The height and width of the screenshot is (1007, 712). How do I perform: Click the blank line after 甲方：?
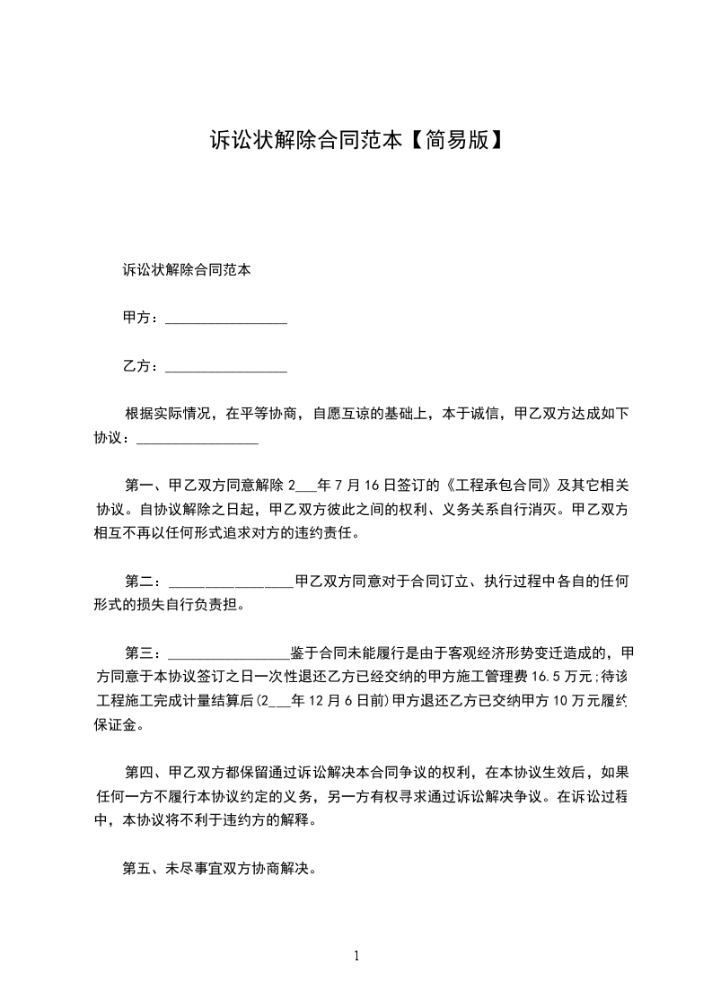tap(226, 319)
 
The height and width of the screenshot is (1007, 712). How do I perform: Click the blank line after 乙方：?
tap(226, 367)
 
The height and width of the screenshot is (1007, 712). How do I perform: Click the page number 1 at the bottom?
tap(356, 956)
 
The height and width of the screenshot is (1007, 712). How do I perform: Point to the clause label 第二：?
tap(144, 582)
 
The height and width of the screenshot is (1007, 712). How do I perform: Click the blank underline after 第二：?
tap(231, 582)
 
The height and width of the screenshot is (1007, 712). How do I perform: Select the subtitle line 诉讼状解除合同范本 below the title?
tap(186, 270)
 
